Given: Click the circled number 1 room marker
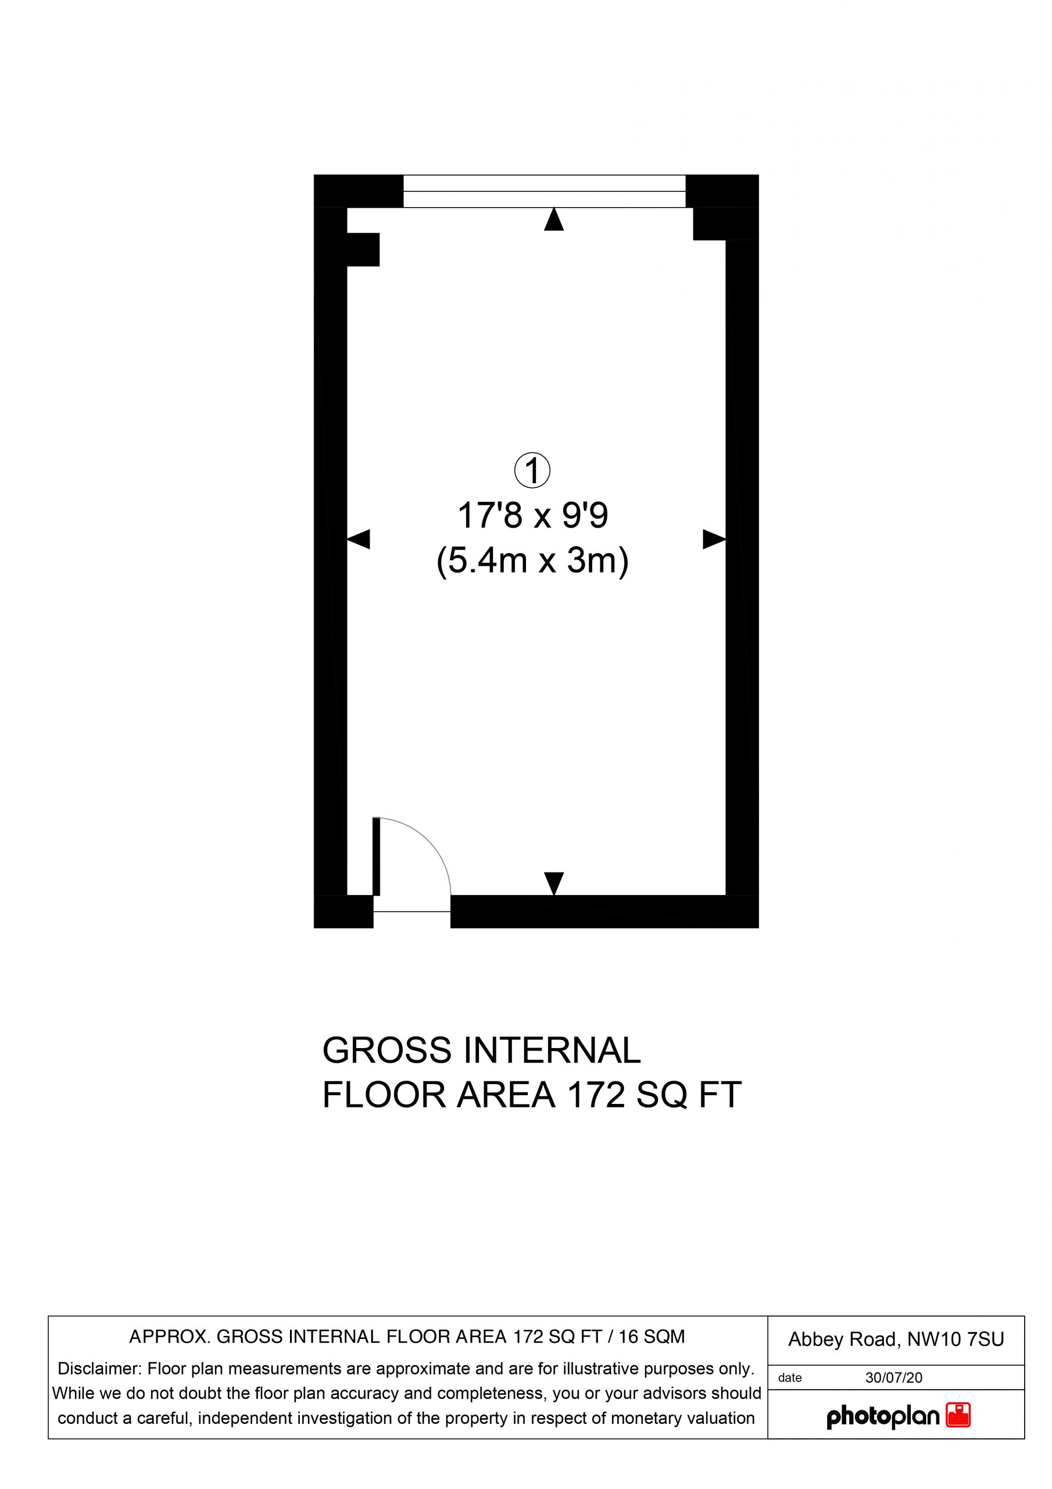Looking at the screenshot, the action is (x=532, y=472).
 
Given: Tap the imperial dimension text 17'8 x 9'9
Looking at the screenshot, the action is (x=533, y=516).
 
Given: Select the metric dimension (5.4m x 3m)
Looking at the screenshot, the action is (x=533, y=561).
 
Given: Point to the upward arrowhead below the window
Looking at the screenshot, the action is (x=553, y=219).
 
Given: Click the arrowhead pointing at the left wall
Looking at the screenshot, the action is (x=359, y=539).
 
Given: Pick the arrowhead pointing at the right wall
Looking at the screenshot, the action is (x=714, y=539).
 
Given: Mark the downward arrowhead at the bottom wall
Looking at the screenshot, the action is (x=553, y=884).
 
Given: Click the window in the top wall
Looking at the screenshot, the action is (x=545, y=191).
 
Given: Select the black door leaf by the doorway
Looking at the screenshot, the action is (x=376, y=857).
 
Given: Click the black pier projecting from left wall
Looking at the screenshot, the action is (x=363, y=250).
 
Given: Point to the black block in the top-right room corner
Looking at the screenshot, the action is (x=725, y=224).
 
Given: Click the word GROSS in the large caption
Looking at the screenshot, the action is (x=387, y=1050).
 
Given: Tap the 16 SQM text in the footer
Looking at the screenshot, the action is (x=652, y=1337).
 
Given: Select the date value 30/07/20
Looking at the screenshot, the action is (x=893, y=1378).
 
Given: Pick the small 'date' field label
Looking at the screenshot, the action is (x=789, y=1378).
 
